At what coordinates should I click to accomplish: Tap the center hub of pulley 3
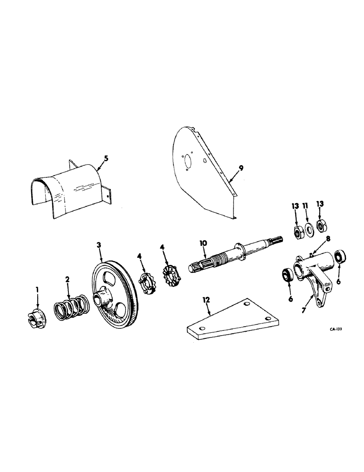click(x=102, y=300)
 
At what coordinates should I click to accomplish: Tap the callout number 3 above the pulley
click(x=99, y=245)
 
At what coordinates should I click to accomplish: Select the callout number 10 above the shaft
click(x=204, y=243)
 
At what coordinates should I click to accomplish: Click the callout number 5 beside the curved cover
click(x=106, y=159)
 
